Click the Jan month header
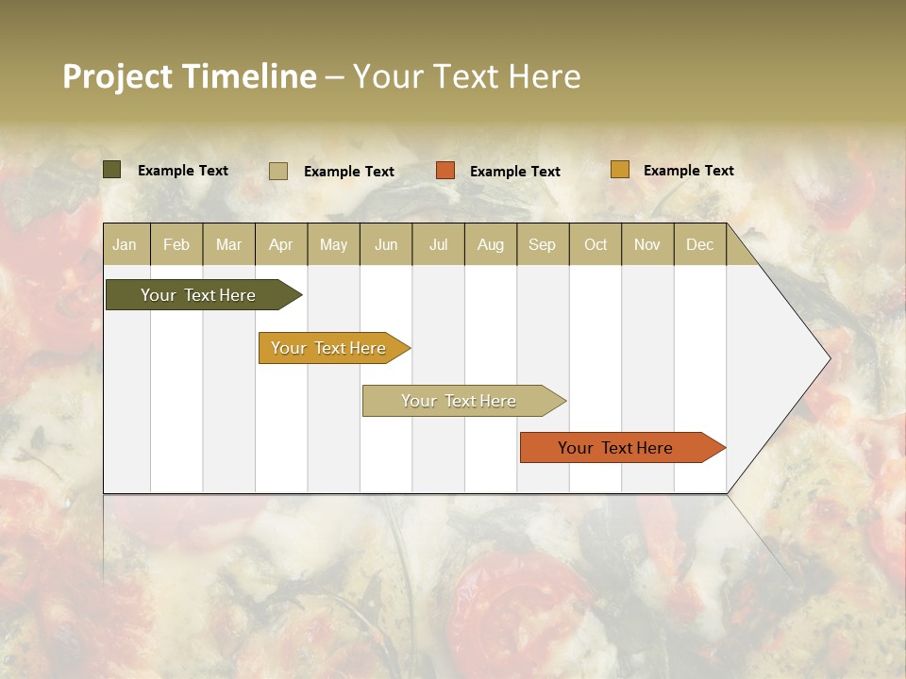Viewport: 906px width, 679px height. [x=125, y=244]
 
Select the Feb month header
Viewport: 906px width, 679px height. [x=176, y=244]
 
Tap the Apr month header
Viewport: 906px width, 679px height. [x=280, y=244]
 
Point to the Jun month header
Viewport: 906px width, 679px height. [x=386, y=244]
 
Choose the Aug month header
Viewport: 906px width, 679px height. [x=490, y=244]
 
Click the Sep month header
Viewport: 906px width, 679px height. [x=542, y=244]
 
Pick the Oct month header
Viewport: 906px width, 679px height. [x=596, y=244]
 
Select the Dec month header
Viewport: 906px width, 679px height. [x=699, y=244]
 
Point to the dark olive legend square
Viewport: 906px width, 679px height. [x=112, y=170]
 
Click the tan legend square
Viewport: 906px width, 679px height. [x=278, y=171]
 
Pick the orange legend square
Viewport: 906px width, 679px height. [x=445, y=171]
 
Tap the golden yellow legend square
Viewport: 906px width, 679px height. [x=619, y=170]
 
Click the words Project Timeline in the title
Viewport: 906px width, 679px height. [x=189, y=76]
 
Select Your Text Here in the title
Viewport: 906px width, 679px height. [x=466, y=76]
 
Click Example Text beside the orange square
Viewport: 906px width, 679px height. [x=514, y=172]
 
